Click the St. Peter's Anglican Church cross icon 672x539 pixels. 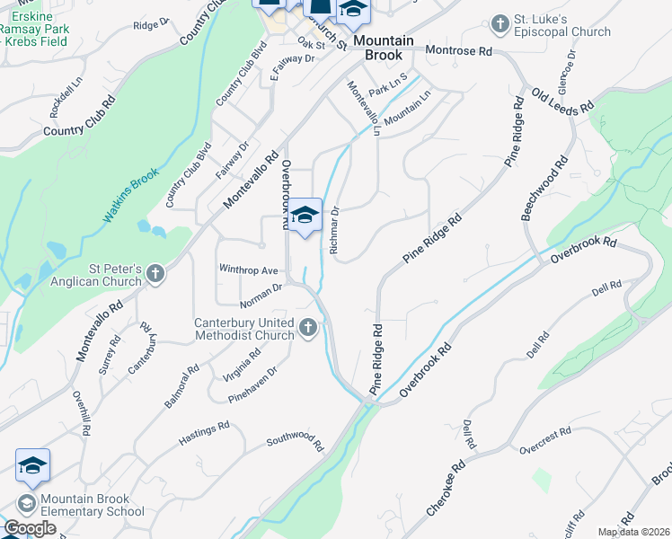tap(155, 272)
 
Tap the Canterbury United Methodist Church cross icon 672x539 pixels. tap(309, 327)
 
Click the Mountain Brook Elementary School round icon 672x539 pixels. tap(26, 503)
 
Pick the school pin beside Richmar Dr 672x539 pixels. tap(305, 216)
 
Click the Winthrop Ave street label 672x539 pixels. tap(249, 269)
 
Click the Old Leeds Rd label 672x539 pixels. tap(562, 100)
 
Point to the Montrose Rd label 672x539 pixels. tap(459, 51)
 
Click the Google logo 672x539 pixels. tap(30, 528)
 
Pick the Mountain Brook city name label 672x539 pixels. tap(383, 48)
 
